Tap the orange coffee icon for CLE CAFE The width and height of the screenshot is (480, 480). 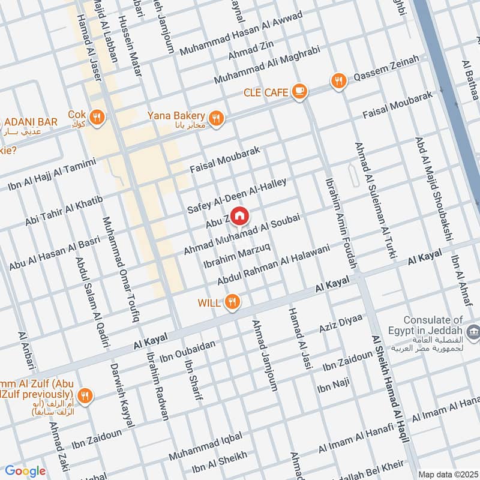point(298,92)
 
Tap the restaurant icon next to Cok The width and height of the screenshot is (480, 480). point(98,115)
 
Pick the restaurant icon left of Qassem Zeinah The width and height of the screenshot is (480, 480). point(339,80)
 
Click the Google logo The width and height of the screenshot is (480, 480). point(25,471)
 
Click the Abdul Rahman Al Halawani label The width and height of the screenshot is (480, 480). point(274,265)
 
